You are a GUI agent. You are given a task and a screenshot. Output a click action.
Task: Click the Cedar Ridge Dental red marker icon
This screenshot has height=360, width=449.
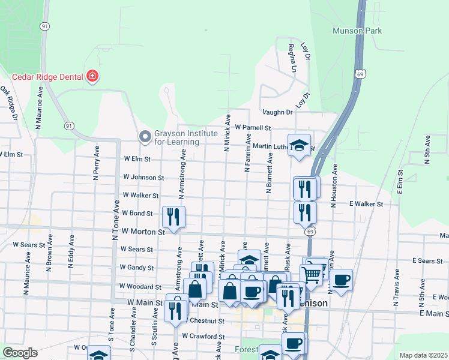(92, 76)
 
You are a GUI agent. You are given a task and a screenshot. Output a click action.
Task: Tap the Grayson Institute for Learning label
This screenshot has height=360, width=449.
(176, 137)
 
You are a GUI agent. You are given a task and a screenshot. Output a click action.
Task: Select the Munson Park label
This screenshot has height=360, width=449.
(358, 31)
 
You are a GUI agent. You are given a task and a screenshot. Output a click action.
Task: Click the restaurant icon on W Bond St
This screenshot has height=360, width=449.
(173, 217)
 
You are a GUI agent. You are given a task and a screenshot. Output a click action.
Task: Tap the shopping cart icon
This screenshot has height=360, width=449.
(312, 274)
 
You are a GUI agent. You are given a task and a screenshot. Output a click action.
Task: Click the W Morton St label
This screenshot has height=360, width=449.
(143, 231)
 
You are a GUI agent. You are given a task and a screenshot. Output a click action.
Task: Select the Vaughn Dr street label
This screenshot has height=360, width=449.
(277, 112)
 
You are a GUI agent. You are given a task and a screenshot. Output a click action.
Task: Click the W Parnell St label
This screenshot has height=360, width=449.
(253, 128)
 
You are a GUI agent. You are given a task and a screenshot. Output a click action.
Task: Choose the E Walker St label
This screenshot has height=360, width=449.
(366, 204)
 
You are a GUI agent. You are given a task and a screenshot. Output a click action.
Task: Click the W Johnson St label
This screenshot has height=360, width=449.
(143, 178)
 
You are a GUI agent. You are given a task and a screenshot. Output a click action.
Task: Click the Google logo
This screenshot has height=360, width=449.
(20, 353)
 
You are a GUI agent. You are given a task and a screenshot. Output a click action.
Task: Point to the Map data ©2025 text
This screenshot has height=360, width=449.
(423, 355)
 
